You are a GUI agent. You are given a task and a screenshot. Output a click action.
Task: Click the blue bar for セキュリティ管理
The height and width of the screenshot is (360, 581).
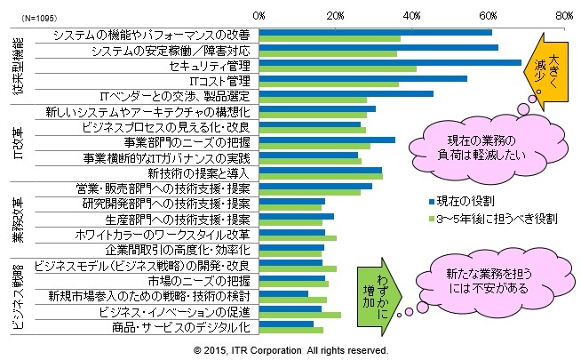coord(389,63)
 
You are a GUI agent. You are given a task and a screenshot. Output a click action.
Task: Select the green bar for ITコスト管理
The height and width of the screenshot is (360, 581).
coord(329,85)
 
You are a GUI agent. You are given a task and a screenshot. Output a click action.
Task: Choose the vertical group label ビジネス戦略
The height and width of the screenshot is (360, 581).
coord(18,298)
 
